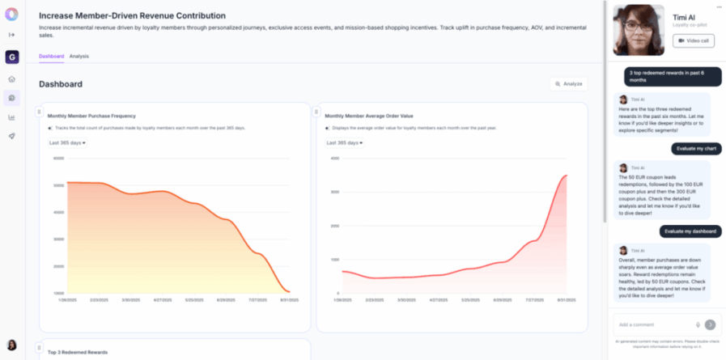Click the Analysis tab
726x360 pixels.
point(79,56)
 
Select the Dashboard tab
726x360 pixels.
point(51,56)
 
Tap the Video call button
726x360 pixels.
point(693,40)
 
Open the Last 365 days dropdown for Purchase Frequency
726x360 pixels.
point(67,142)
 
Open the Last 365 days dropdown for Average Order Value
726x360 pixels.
point(344,142)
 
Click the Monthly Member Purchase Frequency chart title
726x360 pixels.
point(91,116)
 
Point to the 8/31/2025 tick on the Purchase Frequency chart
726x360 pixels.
point(289,299)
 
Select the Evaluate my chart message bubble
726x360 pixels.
point(694,149)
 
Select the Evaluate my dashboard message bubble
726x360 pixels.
point(690,231)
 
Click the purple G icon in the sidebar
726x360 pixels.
point(12,57)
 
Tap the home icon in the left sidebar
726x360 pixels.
point(12,79)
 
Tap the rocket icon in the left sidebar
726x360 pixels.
point(12,136)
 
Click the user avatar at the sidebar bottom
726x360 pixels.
point(12,345)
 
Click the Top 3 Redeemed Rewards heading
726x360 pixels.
point(78,352)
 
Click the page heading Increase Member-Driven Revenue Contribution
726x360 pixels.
point(132,15)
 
